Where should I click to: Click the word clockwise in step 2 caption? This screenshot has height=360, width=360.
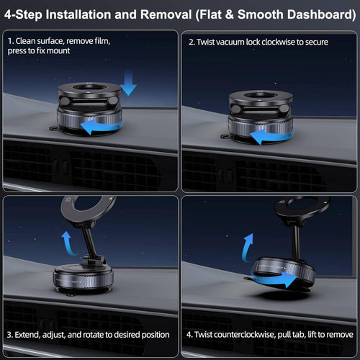tap(271, 42)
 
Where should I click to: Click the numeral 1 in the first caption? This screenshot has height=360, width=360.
tap(9, 41)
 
